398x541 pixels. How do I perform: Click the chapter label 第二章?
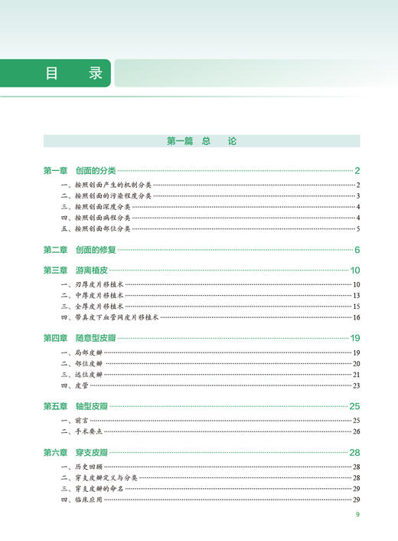[x=56, y=250]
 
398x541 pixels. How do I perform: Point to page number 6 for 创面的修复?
[x=357, y=250]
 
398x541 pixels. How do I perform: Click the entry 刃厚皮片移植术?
[x=92, y=285]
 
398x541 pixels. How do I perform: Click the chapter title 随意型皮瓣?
[x=96, y=338]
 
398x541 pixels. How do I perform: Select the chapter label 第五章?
[x=56, y=406]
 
